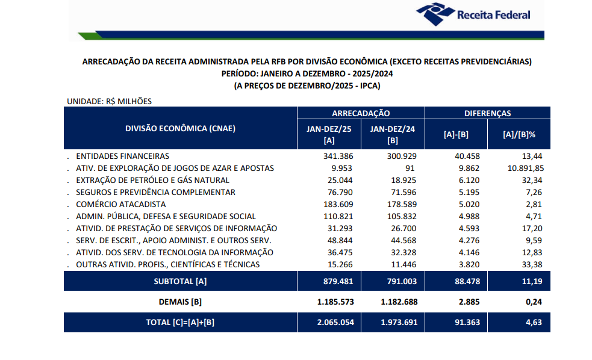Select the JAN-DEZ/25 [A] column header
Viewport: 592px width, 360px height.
point(329,134)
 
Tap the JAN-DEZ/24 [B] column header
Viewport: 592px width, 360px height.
point(393,134)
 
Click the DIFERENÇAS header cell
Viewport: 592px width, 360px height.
point(487,113)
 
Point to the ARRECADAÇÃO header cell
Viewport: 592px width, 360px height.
point(361,113)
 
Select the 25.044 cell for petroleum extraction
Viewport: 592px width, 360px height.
point(341,180)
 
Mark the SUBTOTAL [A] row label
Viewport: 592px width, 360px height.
point(180,281)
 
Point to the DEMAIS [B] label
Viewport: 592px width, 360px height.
point(180,301)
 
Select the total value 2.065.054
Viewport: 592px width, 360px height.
point(334,322)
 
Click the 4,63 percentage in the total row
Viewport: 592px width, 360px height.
point(532,322)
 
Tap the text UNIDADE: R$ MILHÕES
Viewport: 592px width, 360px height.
point(108,101)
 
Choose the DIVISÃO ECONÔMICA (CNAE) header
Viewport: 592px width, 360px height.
point(180,128)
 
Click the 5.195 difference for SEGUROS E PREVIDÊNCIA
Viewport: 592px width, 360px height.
point(469,192)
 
